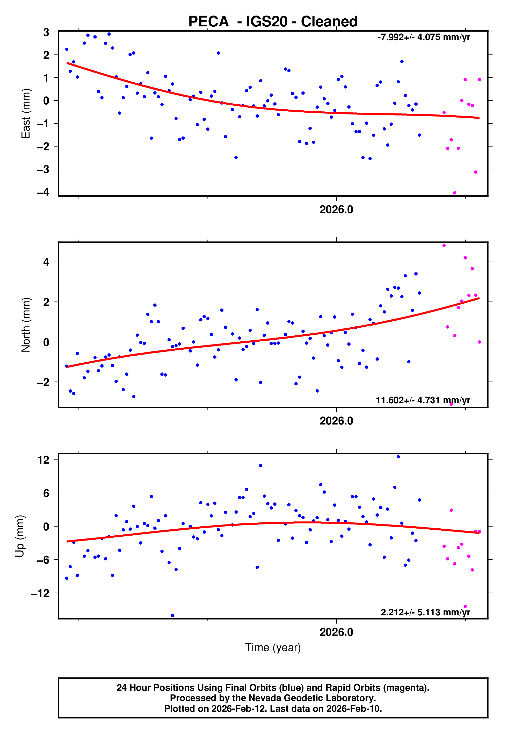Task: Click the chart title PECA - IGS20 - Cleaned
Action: (273, 22)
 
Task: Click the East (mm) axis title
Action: (25, 113)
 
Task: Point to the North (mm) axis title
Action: (25, 325)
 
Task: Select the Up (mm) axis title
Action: (20, 536)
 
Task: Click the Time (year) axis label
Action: (273, 648)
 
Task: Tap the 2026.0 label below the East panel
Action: (336, 210)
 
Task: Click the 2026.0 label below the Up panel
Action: (336, 632)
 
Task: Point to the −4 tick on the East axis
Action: (43, 192)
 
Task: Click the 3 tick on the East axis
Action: (46, 32)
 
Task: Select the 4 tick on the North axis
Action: (46, 262)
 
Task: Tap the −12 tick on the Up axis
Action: (40, 593)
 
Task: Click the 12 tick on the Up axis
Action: (43, 460)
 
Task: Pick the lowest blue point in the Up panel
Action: (172, 616)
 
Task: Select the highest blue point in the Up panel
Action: (398, 457)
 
